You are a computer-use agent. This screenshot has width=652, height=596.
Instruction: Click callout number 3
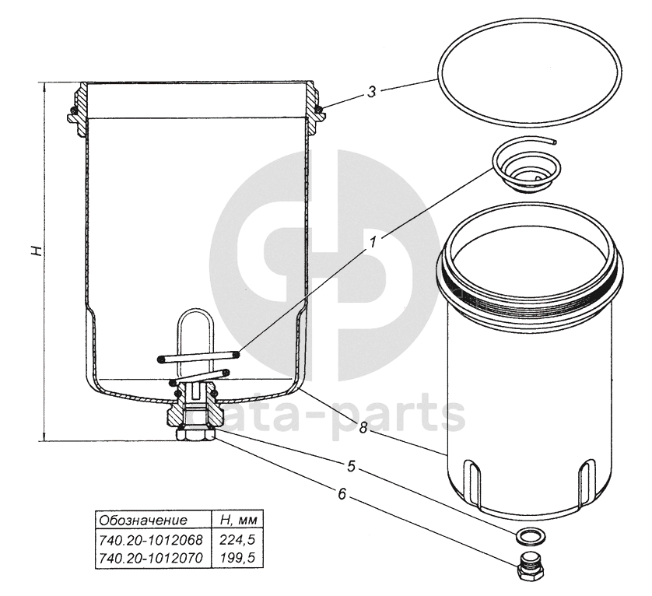[x=371, y=92]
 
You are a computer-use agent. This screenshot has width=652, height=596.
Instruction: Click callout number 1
[x=373, y=241]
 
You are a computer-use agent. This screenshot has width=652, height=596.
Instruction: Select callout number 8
[x=363, y=427]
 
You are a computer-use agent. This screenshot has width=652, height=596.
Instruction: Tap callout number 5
[x=352, y=466]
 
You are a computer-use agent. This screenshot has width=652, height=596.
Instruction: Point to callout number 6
[x=342, y=494]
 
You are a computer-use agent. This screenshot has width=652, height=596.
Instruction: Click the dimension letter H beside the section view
[x=37, y=251]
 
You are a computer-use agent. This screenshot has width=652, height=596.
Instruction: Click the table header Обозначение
[x=143, y=520]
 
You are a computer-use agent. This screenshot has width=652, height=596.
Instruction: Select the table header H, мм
[x=238, y=520]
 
